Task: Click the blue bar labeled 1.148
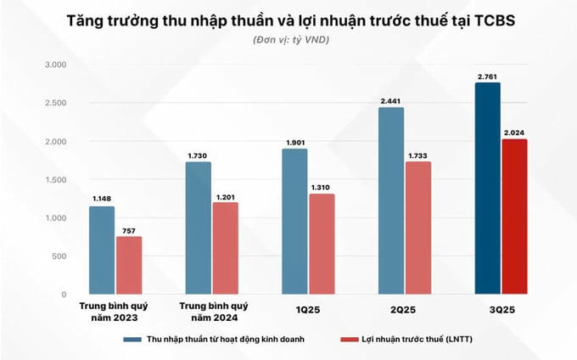tap(102, 250)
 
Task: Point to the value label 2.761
tap(487, 76)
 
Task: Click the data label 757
tap(129, 229)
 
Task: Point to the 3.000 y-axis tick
tap(54, 65)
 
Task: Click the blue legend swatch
tap(134, 339)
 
